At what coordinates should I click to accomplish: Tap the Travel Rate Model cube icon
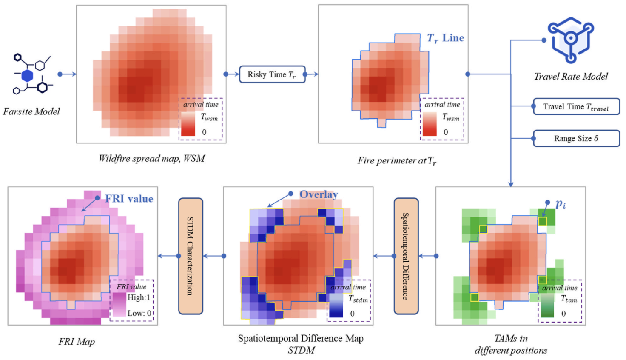pyautogui.click(x=571, y=40)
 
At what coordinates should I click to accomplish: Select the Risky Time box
pyautogui.click(x=272, y=74)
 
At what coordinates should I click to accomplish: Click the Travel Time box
pyautogui.click(x=576, y=107)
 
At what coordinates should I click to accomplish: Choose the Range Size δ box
pyautogui.click(x=576, y=139)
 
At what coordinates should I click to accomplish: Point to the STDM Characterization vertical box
pyautogui.click(x=191, y=256)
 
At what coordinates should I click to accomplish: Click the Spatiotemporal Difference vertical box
pyautogui.click(x=406, y=256)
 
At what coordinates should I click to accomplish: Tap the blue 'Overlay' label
pyautogui.click(x=319, y=194)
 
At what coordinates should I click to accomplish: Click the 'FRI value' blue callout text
pyautogui.click(x=129, y=199)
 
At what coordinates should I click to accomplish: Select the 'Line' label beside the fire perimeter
pyautogui.click(x=453, y=38)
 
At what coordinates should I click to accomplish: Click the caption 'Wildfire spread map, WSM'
pyautogui.click(x=152, y=158)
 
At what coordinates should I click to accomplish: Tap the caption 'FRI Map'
pyautogui.click(x=77, y=341)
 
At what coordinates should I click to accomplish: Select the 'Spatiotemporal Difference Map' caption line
pyautogui.click(x=301, y=338)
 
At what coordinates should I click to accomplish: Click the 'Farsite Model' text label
pyautogui.click(x=31, y=111)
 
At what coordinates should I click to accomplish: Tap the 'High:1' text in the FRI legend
pyautogui.click(x=139, y=297)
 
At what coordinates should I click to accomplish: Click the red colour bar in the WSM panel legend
pyautogui.click(x=188, y=124)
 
